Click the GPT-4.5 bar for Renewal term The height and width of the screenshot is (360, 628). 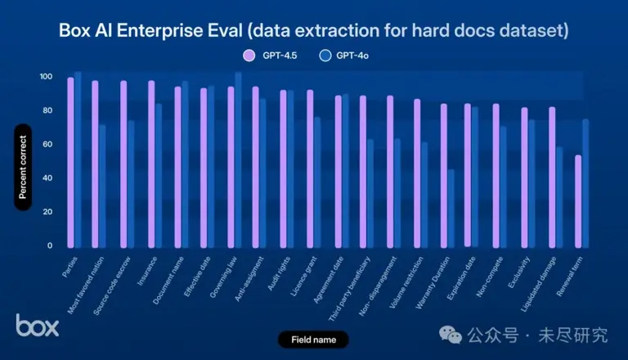[x=578, y=201]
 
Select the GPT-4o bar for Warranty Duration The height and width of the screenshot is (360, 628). [x=451, y=209]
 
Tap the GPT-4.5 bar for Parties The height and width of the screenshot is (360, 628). [x=70, y=162]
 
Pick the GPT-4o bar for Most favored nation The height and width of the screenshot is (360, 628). [x=102, y=186]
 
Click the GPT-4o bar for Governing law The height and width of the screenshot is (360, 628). [x=238, y=160]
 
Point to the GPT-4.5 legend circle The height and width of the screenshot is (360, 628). [x=249, y=56]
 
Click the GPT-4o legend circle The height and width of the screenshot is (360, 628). [x=325, y=56]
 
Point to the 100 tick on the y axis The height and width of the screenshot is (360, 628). [x=46, y=77]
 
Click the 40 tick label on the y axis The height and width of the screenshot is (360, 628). [x=47, y=178]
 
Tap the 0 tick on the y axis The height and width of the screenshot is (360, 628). [x=50, y=245]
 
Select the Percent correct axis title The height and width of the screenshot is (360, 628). [x=23, y=167]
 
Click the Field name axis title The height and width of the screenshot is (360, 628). [x=314, y=340]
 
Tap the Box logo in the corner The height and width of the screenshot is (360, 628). [x=38, y=325]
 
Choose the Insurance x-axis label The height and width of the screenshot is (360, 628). [x=147, y=272]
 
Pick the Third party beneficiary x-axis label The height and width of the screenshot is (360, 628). [x=349, y=289]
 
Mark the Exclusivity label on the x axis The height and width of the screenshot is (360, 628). [x=518, y=272]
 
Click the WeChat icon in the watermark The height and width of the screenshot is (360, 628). [x=451, y=335]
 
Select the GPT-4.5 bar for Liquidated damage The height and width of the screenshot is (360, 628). [x=552, y=178]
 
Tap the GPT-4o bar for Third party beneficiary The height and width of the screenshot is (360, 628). [x=370, y=193]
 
